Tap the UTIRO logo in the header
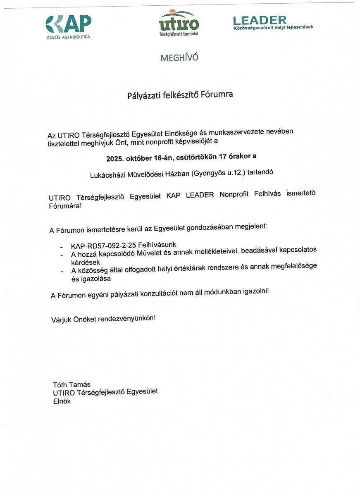click(x=179, y=23)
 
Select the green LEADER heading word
click(x=260, y=19)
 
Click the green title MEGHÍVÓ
click(x=179, y=58)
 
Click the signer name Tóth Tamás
click(x=72, y=385)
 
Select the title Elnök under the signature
click(x=62, y=401)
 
